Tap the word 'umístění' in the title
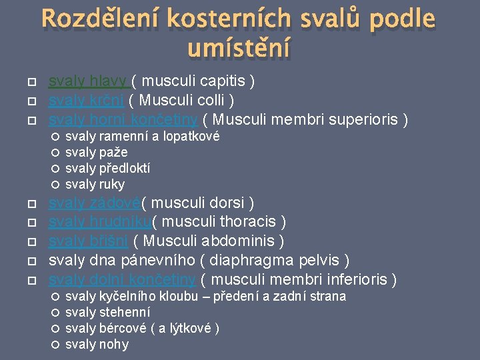239,47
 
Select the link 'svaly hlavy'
87,81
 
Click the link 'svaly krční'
87,101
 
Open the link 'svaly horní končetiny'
123,120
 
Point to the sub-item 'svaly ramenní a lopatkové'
142,137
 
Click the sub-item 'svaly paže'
96,153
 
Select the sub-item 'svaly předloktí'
107,168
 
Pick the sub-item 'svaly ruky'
95,184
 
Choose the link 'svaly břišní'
88,241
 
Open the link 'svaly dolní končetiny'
123,279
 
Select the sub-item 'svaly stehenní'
107,312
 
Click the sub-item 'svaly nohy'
97,344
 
